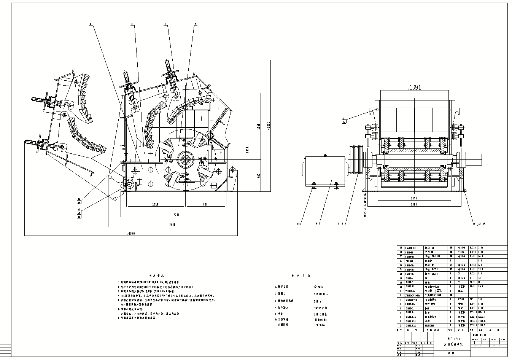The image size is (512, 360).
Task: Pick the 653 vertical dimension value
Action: (258, 176)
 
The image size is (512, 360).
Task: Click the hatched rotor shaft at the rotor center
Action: (185, 159)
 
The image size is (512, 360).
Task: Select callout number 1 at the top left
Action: (91, 24)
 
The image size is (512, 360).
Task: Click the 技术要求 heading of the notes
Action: (156, 275)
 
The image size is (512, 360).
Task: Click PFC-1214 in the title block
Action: (453, 338)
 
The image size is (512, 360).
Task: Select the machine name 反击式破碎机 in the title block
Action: (453, 344)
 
